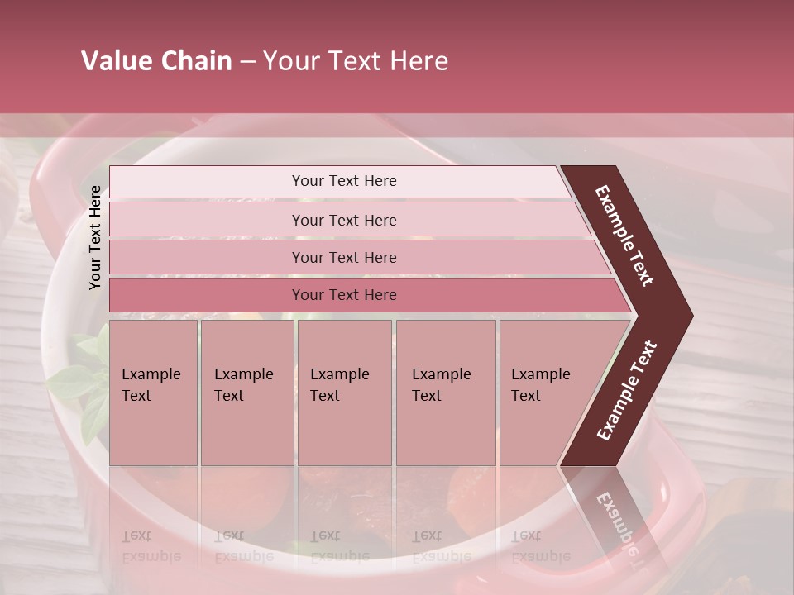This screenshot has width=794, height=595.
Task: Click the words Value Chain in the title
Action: point(156,61)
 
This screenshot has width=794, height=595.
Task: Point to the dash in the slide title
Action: point(247,61)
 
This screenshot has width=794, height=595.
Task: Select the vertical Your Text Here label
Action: point(96,237)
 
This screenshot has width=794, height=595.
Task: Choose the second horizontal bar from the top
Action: point(344,220)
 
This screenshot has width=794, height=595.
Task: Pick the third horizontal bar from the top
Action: point(344,257)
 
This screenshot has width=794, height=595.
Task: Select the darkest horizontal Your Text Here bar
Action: point(344,295)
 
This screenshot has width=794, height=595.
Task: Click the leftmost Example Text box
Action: point(153,393)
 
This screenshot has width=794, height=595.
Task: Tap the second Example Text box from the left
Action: point(246,393)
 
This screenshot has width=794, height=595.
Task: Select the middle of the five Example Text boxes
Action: point(344,393)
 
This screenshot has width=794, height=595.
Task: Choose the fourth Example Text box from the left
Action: point(446,393)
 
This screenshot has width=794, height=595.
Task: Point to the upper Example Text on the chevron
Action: point(625,236)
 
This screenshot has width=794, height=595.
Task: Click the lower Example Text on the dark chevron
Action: point(627,390)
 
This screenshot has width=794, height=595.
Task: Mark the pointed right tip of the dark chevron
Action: point(691,316)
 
